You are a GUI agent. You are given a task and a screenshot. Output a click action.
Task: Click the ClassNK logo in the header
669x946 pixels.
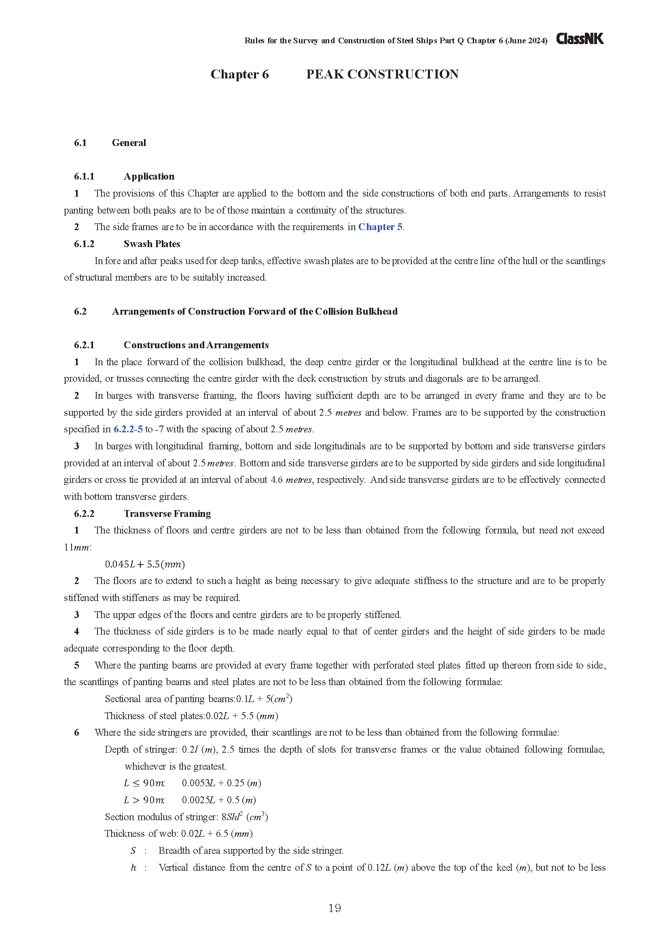coord(580,39)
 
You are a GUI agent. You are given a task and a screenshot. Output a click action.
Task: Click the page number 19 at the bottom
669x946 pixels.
coord(334,908)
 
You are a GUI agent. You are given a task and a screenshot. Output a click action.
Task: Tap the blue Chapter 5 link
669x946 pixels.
coord(380,227)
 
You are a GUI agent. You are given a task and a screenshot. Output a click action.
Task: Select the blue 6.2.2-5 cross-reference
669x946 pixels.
coord(128,430)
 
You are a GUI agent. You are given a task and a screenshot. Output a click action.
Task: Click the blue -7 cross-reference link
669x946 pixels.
coord(159,430)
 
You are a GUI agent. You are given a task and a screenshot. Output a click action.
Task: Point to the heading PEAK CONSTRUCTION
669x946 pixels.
coord(382,74)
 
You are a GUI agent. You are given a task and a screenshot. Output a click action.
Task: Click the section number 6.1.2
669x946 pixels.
coord(84,244)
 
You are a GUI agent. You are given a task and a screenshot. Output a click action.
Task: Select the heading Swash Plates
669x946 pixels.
coord(152,244)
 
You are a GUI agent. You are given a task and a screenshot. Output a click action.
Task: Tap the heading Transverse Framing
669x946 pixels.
coord(167,514)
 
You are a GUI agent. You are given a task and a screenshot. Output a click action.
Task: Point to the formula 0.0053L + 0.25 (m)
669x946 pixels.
coord(221,783)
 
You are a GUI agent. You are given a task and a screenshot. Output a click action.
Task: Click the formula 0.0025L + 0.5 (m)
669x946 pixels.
coord(219,800)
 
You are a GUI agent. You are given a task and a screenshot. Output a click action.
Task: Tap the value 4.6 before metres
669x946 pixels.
coord(276,480)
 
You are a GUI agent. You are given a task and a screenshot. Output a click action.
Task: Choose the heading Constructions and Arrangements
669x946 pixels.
coord(196,345)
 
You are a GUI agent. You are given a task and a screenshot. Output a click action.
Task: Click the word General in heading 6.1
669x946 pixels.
coord(129,143)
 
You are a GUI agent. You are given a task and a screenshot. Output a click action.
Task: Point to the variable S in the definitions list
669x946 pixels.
coord(133,851)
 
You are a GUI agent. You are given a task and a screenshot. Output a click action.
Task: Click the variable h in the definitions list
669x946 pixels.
coord(133,868)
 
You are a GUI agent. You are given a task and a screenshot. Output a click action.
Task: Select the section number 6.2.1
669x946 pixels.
coord(84,345)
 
